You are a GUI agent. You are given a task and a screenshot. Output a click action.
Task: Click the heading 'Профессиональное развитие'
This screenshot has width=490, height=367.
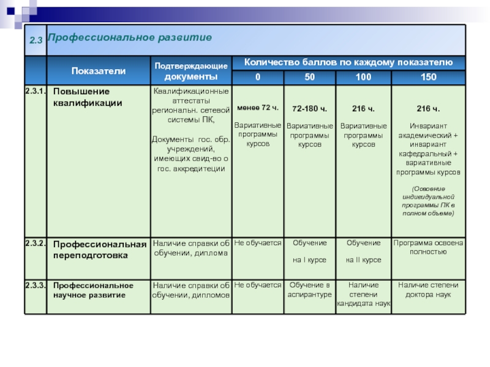(x=130, y=38)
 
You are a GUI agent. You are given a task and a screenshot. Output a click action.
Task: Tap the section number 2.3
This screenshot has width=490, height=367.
(x=36, y=40)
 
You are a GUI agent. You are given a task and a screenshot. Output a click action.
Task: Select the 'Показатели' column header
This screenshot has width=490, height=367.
(x=99, y=71)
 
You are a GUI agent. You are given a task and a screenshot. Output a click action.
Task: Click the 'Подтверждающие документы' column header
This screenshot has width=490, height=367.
(x=190, y=71)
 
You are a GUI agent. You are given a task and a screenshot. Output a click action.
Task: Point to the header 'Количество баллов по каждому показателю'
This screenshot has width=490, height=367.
(x=349, y=62)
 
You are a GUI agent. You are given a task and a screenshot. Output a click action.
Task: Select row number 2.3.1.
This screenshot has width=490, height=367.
(x=36, y=91)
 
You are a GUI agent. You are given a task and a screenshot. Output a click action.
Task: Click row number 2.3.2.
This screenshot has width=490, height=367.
(x=36, y=243)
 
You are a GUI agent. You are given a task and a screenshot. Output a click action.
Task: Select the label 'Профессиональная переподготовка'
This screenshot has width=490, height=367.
(x=100, y=250)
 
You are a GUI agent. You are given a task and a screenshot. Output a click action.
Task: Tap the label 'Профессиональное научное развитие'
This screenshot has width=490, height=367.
(x=93, y=290)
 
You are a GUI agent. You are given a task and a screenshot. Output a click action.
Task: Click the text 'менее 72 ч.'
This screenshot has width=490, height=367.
(x=258, y=108)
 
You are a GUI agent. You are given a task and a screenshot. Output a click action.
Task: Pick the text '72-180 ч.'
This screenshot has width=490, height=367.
(x=310, y=109)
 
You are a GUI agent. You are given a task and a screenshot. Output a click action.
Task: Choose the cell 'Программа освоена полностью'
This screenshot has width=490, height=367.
(x=429, y=247)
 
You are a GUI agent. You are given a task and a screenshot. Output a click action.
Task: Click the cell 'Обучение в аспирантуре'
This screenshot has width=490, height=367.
(x=310, y=289)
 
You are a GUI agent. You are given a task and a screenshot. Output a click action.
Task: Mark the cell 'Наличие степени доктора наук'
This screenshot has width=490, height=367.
(x=429, y=289)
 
